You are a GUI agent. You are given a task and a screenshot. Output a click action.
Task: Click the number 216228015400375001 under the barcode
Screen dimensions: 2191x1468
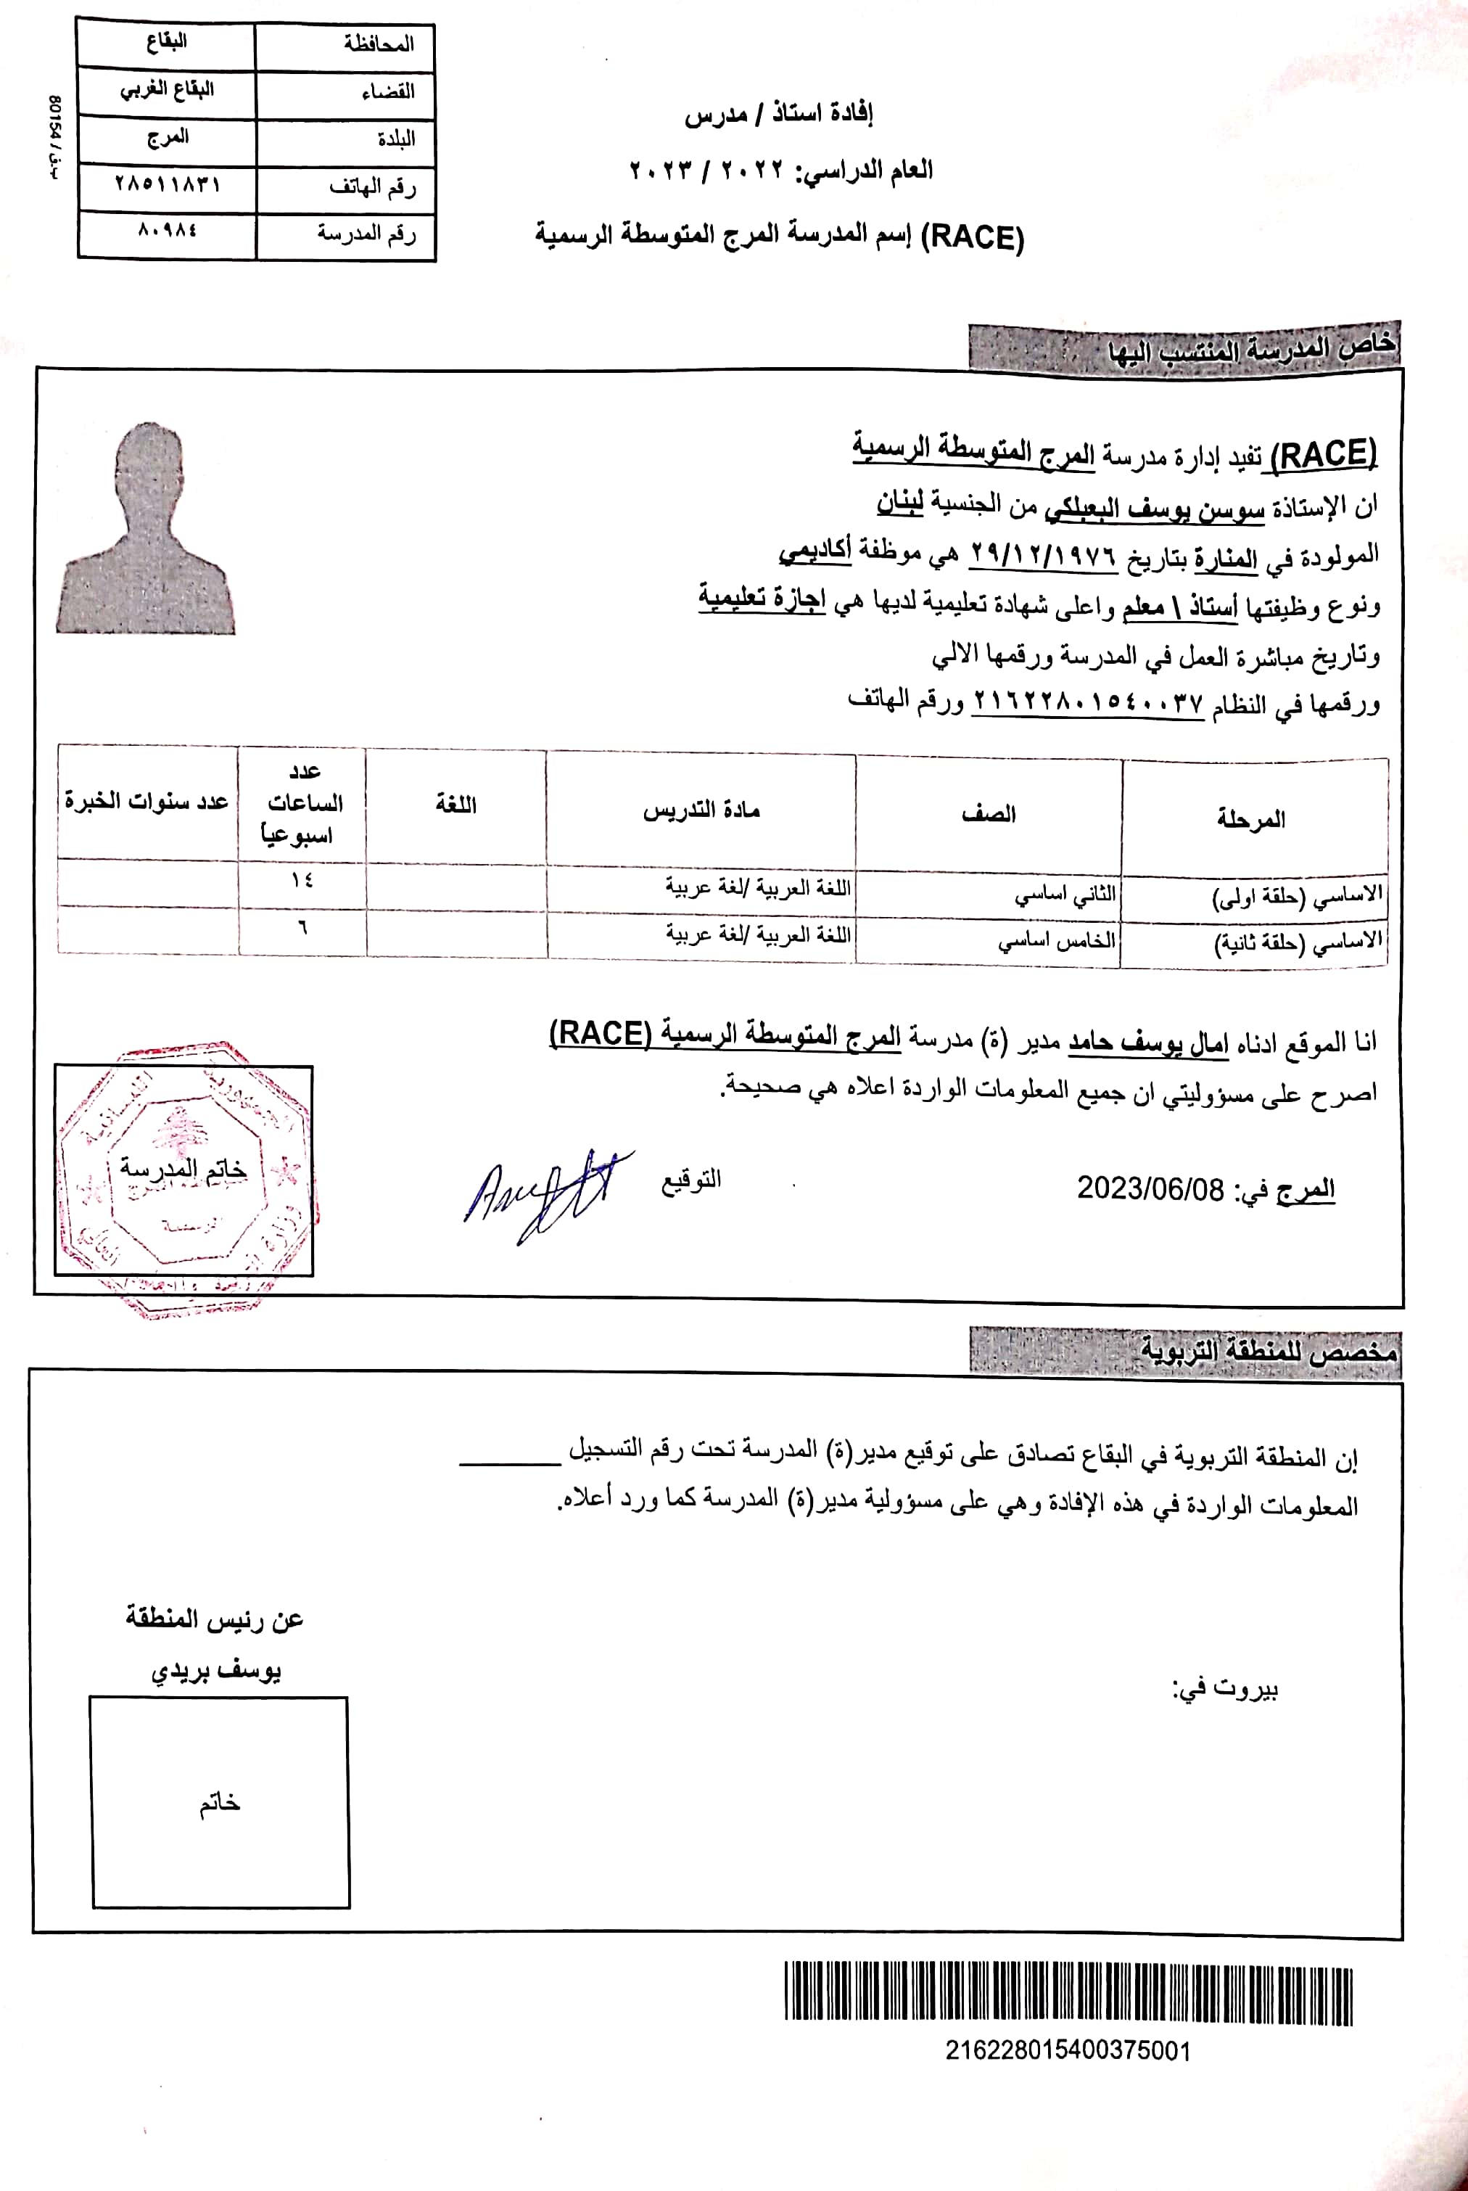[1068, 2050]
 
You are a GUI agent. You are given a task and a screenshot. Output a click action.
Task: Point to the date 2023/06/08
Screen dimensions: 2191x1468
[1150, 1189]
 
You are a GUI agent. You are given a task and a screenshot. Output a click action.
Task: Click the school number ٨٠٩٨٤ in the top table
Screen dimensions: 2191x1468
[167, 229]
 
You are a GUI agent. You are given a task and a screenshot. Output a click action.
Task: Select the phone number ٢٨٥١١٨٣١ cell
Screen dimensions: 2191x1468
[167, 184]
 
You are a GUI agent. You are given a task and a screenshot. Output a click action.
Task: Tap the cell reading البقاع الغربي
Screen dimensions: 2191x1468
[167, 90]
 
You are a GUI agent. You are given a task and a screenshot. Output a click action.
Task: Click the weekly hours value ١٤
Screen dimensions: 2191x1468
[302, 880]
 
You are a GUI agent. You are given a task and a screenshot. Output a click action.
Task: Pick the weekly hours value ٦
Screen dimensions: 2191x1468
[302, 928]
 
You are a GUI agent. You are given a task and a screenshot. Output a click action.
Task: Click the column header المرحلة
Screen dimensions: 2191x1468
[1252, 819]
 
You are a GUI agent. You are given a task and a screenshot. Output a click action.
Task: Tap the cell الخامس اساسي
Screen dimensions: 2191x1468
[1056, 940]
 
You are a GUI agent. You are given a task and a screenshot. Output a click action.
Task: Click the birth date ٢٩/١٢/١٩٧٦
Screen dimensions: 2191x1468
[1043, 554]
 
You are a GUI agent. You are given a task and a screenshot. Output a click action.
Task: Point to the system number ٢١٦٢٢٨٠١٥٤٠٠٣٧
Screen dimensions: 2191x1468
[1088, 702]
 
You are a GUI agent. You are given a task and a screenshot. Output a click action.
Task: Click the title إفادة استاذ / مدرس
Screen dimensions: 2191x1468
[778, 114]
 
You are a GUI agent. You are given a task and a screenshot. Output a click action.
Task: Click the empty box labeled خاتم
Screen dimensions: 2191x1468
[220, 1802]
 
